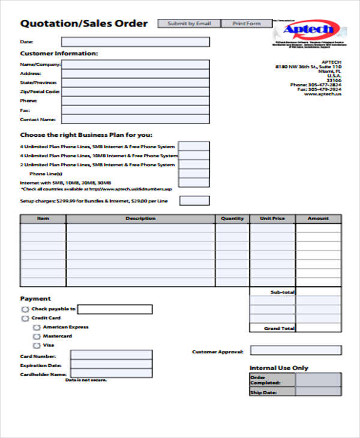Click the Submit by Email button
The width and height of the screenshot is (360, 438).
pos(188,23)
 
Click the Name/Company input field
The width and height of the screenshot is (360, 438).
pos(135,64)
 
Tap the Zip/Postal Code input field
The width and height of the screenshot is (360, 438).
pos(135,92)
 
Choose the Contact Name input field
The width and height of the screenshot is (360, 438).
pos(135,119)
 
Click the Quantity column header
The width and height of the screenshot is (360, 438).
pos(232,219)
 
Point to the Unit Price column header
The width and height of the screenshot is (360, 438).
pos(272,219)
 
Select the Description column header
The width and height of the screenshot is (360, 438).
pos(140,219)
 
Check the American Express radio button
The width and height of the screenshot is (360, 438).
pos(37,328)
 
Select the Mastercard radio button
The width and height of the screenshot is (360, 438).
pos(37,337)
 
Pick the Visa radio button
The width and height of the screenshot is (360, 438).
pos(37,346)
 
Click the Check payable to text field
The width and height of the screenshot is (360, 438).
pos(115,310)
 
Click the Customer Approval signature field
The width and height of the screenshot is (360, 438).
pos(295,350)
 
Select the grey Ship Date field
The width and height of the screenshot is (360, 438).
pos(318,392)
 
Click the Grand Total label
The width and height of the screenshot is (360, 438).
pos(279,329)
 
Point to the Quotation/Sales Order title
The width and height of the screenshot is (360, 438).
pos(83,24)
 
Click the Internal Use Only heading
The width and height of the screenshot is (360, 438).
pos(278,368)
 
